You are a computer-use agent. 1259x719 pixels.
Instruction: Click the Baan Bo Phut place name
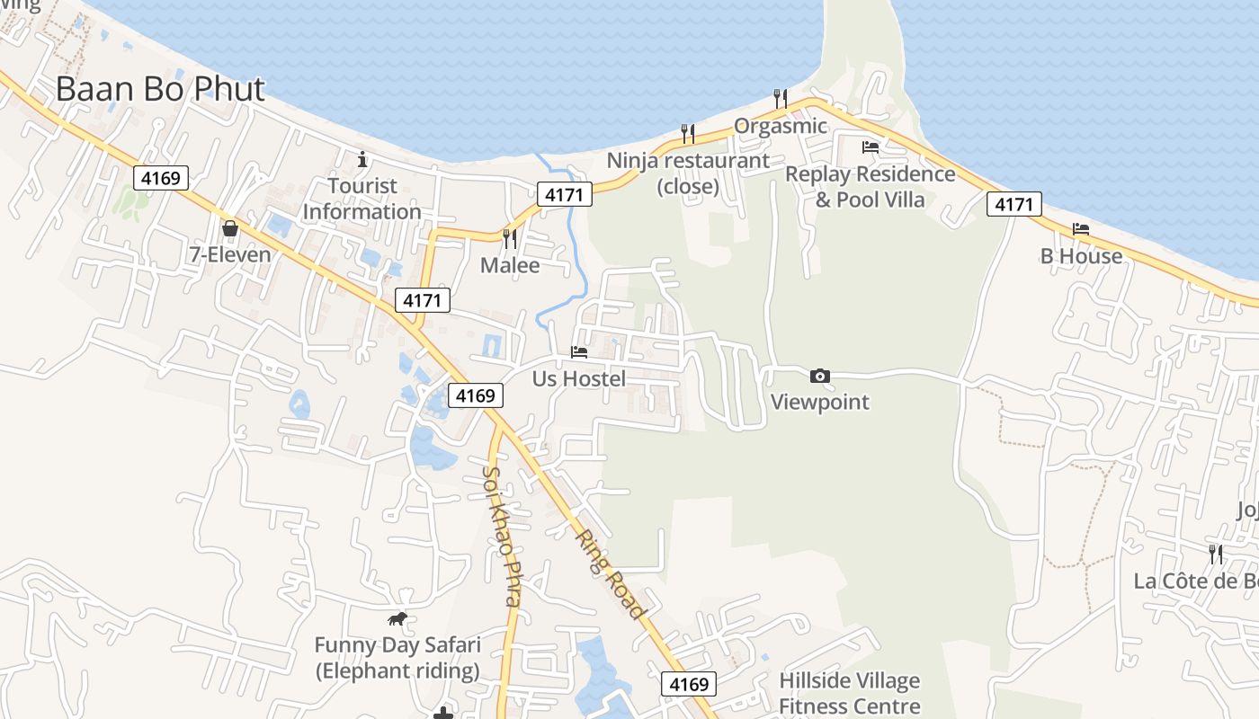[x=160, y=89]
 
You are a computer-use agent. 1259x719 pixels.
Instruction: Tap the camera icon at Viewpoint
[x=819, y=376]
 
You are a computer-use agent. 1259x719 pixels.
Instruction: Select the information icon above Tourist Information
[x=362, y=160]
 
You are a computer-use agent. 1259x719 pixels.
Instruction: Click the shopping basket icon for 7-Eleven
[x=230, y=228]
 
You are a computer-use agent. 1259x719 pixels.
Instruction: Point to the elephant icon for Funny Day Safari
[x=397, y=618]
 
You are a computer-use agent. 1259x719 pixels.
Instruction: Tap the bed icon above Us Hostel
[x=579, y=352]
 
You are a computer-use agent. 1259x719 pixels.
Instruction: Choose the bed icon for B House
[x=1081, y=229]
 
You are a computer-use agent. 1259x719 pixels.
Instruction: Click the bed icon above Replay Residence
[x=870, y=146]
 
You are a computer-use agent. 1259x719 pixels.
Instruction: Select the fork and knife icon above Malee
[x=510, y=238]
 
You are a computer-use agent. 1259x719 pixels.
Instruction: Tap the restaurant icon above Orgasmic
[x=781, y=98]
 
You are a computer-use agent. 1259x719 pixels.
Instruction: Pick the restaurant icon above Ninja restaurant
[x=688, y=134]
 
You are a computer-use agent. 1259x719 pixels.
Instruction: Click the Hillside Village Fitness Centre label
[x=849, y=694]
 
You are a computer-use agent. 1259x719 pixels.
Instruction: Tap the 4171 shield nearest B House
[x=1014, y=205]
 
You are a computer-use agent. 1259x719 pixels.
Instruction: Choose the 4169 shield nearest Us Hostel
[x=476, y=395]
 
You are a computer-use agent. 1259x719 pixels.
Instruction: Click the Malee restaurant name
[x=510, y=265]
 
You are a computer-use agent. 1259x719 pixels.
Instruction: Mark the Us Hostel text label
[x=579, y=378]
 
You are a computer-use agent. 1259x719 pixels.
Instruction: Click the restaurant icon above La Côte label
[x=1216, y=554]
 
